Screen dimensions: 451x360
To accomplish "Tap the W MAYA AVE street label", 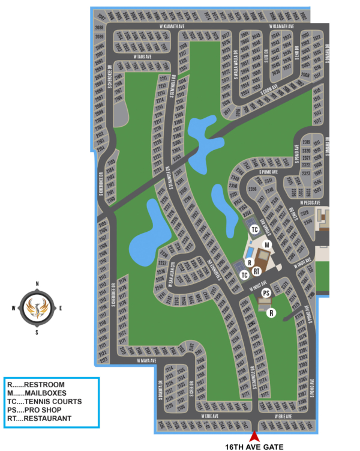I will point(146,361).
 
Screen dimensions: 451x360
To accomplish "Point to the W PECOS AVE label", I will point(313,203).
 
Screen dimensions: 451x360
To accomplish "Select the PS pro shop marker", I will point(266,293).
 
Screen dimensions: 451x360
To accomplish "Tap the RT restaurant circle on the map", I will point(256,271).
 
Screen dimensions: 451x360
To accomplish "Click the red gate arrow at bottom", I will point(254,437).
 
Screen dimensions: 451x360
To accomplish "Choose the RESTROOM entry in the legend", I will point(37,384).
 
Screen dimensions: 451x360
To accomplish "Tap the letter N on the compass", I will point(37,283).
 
